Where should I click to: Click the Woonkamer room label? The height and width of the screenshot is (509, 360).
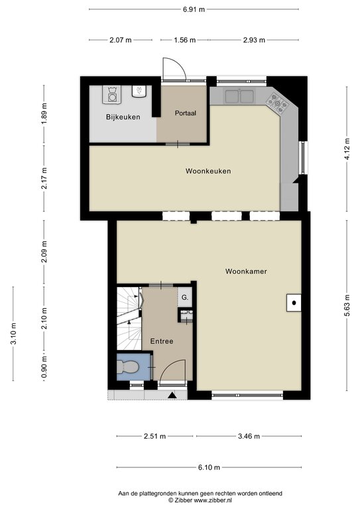[245, 271]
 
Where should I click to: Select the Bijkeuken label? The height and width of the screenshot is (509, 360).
[123, 117]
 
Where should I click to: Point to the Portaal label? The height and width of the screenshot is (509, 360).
[185, 113]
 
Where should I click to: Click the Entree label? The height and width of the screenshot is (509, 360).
[161, 341]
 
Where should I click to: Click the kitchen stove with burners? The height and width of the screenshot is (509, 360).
[277, 102]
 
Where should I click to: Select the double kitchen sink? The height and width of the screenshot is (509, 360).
[239, 97]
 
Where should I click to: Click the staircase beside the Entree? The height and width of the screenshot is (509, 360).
[129, 318]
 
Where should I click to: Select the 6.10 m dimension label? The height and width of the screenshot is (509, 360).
[209, 468]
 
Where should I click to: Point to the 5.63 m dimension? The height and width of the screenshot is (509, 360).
[347, 309]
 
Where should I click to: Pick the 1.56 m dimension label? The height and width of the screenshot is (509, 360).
[184, 40]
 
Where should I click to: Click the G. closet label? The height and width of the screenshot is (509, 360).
[185, 298]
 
